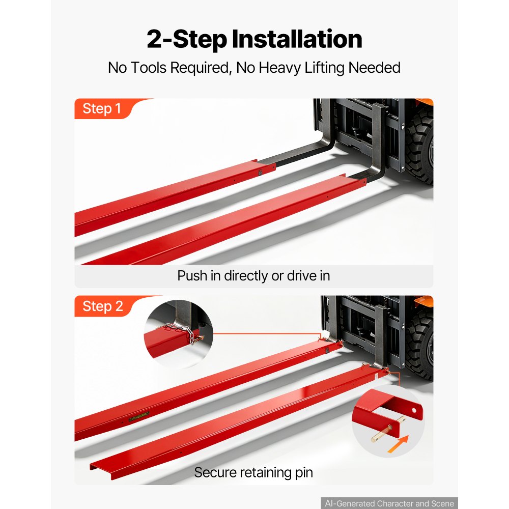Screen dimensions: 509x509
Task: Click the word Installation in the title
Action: point(297,39)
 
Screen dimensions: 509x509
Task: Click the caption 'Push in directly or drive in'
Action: point(253,276)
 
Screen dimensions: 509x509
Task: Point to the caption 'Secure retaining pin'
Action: point(253,472)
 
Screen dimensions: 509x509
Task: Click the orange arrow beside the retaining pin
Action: point(398,444)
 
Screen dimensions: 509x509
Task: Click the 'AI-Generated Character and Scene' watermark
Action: point(389,503)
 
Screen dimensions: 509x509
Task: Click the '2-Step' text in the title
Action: point(187,40)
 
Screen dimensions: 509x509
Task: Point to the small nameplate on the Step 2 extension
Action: point(138,416)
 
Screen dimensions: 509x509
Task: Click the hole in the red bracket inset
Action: point(414,411)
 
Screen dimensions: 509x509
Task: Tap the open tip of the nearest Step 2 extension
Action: point(101,471)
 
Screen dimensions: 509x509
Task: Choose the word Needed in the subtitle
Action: point(374,68)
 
